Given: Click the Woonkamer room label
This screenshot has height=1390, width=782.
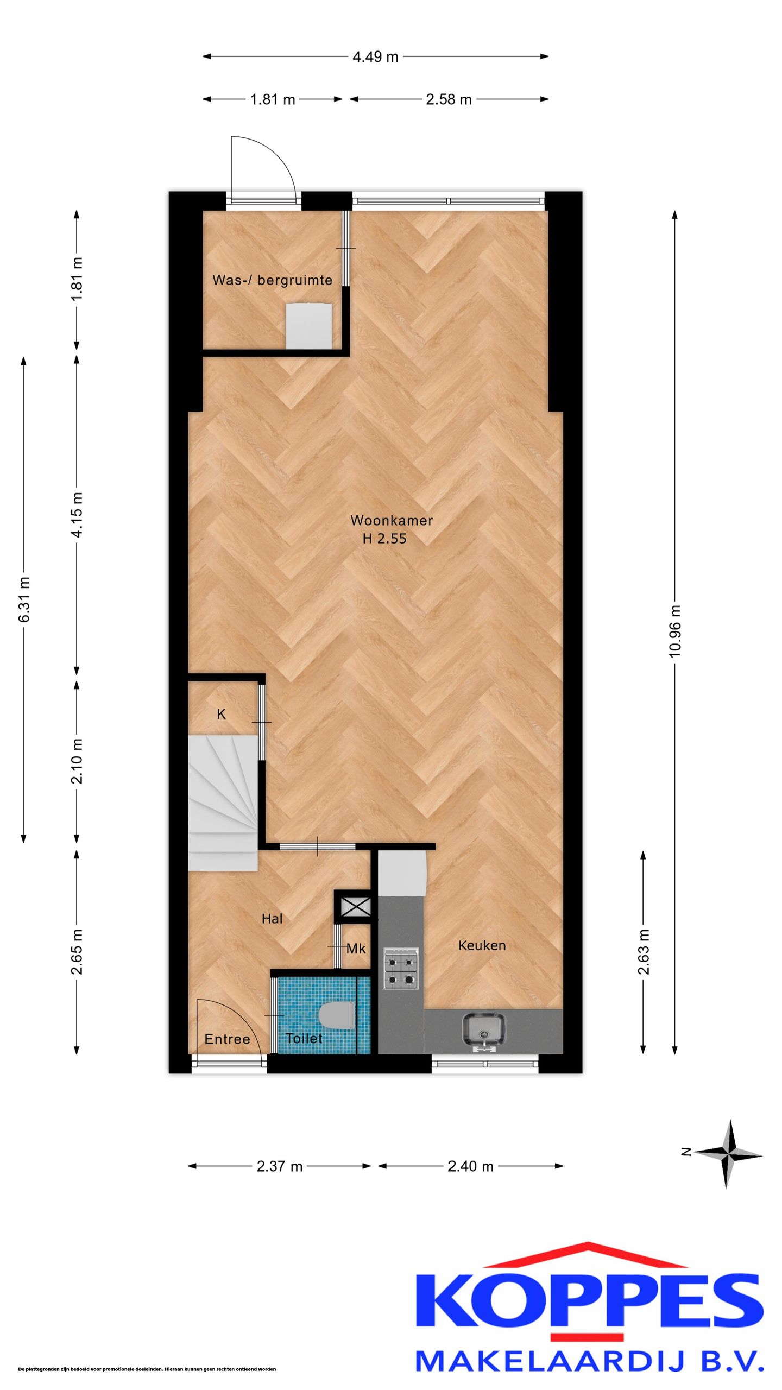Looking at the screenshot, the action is coord(392,520).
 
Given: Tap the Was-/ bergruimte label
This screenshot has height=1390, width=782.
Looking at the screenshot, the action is coord(272,280).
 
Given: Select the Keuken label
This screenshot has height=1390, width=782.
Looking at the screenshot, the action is coord(482,945).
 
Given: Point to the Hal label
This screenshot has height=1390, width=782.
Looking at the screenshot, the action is coord(272,919).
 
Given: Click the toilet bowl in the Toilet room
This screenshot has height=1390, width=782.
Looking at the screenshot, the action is coord(337,1015).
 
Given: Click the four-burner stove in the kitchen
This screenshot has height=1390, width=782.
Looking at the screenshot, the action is coord(401,968).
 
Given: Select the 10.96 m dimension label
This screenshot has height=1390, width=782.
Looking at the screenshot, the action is coord(675,632).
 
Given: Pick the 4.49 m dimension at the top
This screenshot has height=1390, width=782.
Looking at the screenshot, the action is coord(375,56).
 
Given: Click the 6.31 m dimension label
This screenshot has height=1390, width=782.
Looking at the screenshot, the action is coord(24,600).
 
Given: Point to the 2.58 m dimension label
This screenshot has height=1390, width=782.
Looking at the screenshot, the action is coord(449,99).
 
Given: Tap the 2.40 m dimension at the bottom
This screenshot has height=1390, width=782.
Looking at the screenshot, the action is coord(470,1166).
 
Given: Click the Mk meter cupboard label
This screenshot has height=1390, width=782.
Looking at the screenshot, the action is coord(356,949).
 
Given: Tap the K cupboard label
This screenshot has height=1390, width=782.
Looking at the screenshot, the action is coord(221,715).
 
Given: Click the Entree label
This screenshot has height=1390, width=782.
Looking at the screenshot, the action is coord(227,1039).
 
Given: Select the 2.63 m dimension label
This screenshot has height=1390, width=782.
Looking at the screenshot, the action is coord(644,952).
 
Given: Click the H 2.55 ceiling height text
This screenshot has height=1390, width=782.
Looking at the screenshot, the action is coord(384,539).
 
